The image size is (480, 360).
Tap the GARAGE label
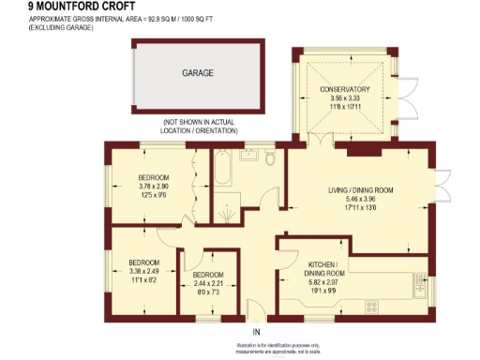(x=198, y=72)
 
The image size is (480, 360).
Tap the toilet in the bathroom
(x=270, y=159)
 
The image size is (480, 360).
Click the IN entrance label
(x=255, y=332)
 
